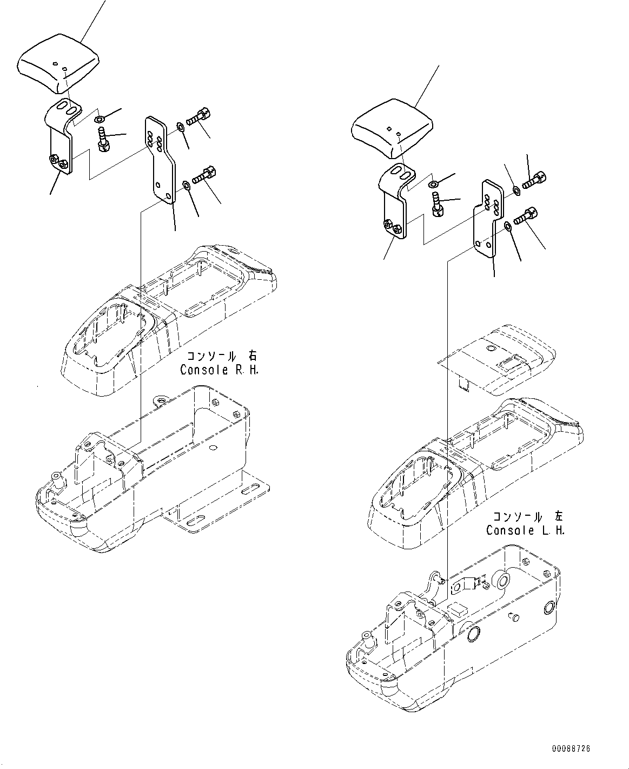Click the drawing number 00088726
pos(571,749)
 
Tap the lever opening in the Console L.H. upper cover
pos(416,482)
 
